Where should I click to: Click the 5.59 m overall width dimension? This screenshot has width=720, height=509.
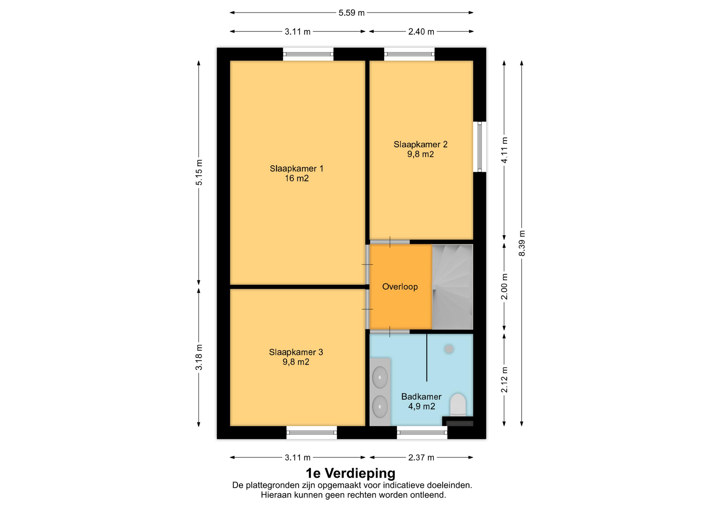tap(351, 13)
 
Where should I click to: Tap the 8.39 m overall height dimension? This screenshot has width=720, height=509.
tap(522, 243)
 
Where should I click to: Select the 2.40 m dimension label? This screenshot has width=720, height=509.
tap(421, 31)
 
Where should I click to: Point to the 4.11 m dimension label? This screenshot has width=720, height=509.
tap(504, 150)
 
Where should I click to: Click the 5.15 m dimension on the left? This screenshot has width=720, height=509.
tap(199, 172)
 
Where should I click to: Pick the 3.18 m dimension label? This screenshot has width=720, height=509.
tap(199, 357)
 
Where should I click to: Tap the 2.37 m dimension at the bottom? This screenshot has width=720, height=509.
tap(421, 457)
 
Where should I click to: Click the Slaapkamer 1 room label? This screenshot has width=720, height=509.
tap(297, 173)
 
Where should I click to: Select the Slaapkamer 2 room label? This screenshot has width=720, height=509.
tap(420, 149)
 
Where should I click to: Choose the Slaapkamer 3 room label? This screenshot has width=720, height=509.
tap(296, 357)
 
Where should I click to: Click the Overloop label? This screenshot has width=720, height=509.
tap(400, 287)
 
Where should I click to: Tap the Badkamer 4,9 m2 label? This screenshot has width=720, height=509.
tap(421, 401)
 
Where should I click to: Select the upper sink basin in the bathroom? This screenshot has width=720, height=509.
tap(380, 377)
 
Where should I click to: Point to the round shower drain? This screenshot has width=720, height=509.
tap(449, 349)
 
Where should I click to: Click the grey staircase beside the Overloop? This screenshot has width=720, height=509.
tap(452, 287)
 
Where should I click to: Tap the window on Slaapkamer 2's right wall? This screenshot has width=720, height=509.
tap(479, 147)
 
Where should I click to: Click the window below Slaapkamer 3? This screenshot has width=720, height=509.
tap(312, 433)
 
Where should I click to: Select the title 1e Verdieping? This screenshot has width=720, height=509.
tap(351, 473)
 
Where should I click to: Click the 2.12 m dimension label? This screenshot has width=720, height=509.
tap(504, 380)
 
